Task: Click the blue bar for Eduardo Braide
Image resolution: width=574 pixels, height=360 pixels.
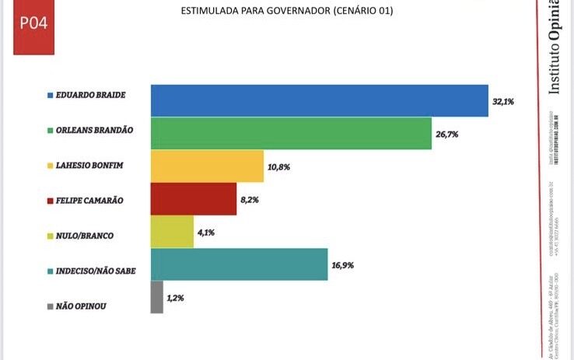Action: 319,100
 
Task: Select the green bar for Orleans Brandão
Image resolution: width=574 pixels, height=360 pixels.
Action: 290,133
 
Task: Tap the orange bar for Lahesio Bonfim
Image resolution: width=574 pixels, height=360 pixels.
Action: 207,166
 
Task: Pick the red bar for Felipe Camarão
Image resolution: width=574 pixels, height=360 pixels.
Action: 193,198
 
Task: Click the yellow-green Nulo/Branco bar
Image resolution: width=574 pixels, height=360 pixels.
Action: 172,231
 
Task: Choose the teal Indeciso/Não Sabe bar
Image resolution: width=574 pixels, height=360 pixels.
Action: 239,264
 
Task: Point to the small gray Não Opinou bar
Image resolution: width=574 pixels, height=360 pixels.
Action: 156,297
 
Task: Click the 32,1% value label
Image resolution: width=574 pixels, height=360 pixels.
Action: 503,102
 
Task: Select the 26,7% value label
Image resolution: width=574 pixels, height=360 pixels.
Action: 446,135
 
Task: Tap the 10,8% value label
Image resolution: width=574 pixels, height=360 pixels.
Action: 278,167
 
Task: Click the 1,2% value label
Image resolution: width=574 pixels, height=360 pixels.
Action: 177,299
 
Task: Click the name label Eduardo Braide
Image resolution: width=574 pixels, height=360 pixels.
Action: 89,95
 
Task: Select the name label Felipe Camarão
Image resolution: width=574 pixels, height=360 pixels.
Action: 89,201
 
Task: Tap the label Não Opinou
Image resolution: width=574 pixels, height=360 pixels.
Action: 81,306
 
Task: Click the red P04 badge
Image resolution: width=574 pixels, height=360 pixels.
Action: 33,24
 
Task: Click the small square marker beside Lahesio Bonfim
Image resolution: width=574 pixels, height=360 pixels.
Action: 50,166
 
